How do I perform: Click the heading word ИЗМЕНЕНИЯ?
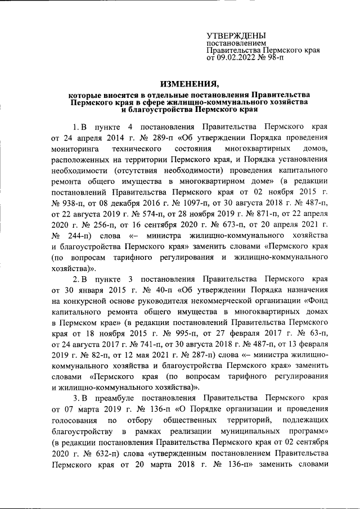point(179,84)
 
